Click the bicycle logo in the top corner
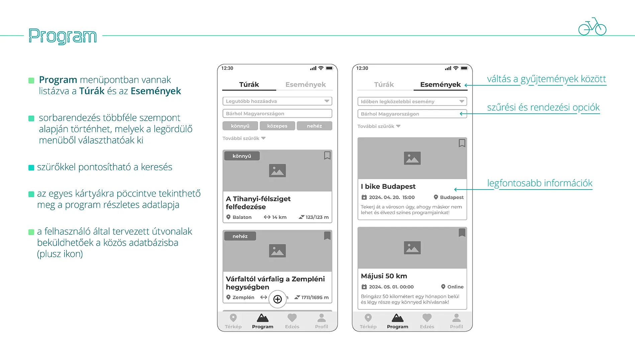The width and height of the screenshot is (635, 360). [x=592, y=27]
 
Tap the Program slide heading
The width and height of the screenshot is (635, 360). [x=63, y=36]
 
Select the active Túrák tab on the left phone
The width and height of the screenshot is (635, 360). [x=249, y=85]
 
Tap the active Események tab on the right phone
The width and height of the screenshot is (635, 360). [x=440, y=85]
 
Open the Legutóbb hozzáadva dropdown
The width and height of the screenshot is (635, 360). [x=277, y=101]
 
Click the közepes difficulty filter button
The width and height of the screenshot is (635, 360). [x=277, y=126]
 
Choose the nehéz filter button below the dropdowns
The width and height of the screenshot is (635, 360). [x=314, y=126]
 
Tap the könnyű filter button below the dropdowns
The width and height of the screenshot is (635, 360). [x=240, y=126]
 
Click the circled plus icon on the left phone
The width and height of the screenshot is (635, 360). [x=278, y=299]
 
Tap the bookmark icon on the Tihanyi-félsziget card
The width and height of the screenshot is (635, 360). [x=327, y=155]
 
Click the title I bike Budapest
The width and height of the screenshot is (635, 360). [x=388, y=187]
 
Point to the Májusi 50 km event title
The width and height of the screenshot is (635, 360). [x=384, y=276]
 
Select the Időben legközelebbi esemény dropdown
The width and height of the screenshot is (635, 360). [x=412, y=102]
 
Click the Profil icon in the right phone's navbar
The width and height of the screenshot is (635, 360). [x=456, y=318]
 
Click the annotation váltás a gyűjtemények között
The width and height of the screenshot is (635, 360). [x=546, y=79]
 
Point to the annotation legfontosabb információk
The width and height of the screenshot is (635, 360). [x=539, y=183]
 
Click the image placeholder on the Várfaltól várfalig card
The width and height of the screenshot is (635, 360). [x=277, y=251]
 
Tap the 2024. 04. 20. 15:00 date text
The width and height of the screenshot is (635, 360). [x=392, y=198]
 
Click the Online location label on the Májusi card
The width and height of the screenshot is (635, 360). [x=455, y=287]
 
